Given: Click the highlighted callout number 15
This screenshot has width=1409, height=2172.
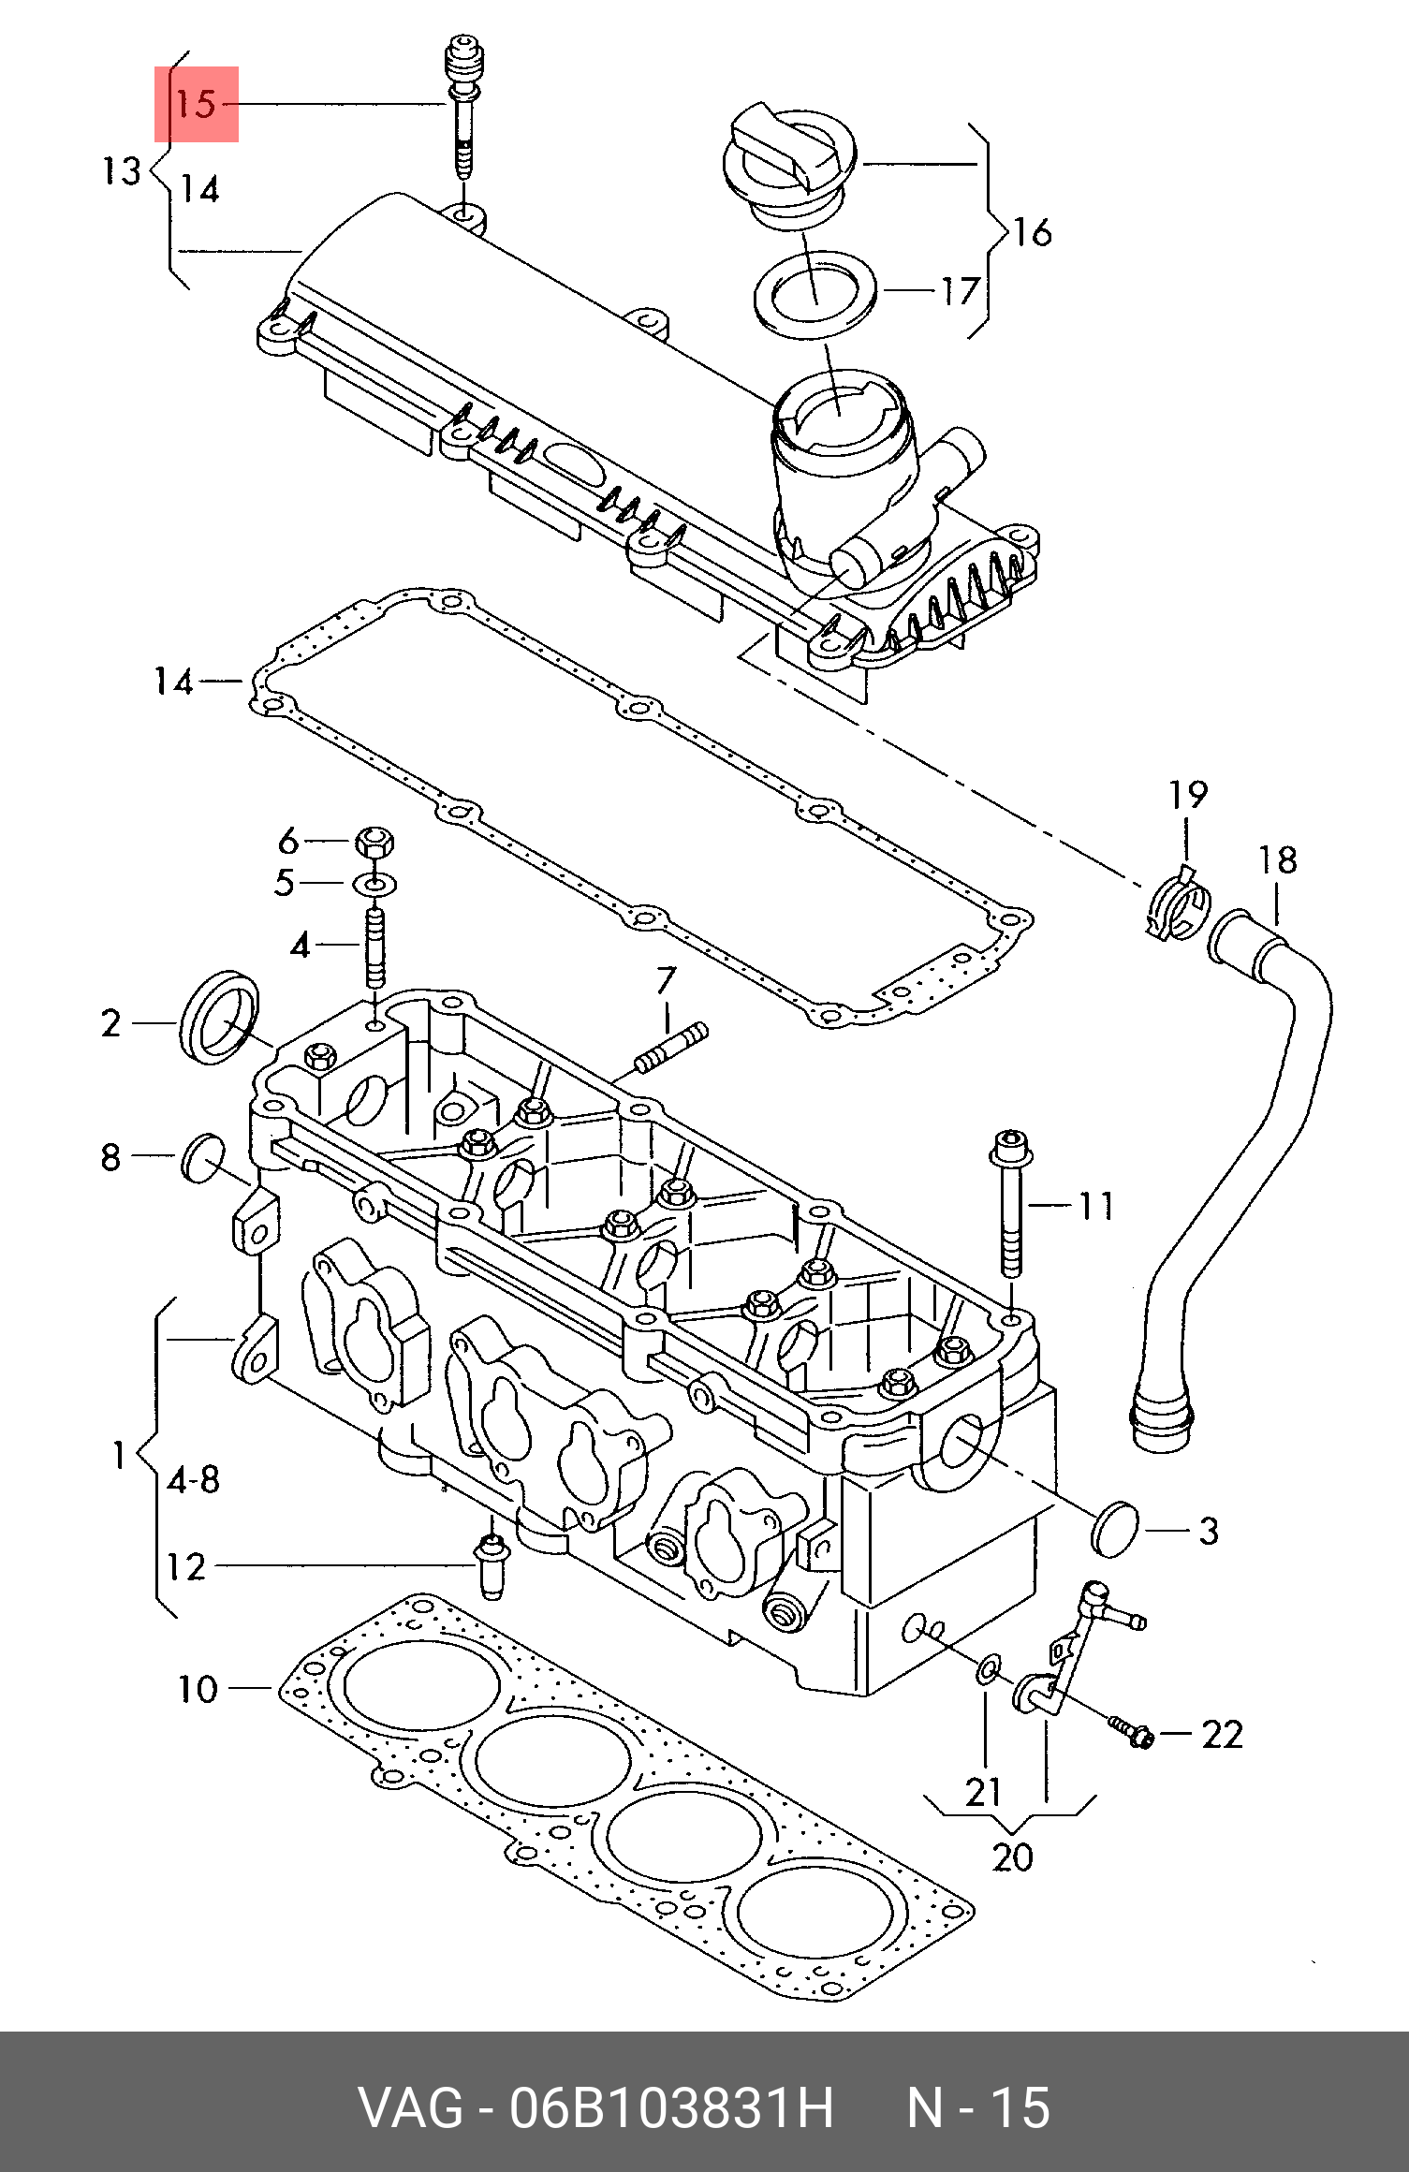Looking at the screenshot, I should [196, 104].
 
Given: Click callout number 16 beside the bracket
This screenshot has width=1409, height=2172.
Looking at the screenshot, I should [1033, 232].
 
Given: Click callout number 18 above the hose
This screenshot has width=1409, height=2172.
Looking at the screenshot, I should [1278, 860].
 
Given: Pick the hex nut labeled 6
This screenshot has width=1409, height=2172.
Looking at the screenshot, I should [374, 842].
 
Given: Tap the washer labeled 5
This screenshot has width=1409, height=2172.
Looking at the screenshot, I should [374, 883].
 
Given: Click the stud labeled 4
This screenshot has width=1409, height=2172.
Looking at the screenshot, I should [374, 946].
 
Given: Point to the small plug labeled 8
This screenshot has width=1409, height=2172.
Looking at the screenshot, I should [202, 1158].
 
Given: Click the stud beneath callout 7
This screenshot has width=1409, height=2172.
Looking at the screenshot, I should [670, 1048].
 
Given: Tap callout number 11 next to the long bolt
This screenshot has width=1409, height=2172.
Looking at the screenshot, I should [1096, 1206].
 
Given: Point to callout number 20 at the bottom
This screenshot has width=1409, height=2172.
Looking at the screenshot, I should [1012, 1857].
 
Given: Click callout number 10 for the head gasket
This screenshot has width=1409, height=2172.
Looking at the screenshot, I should [198, 1690].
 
